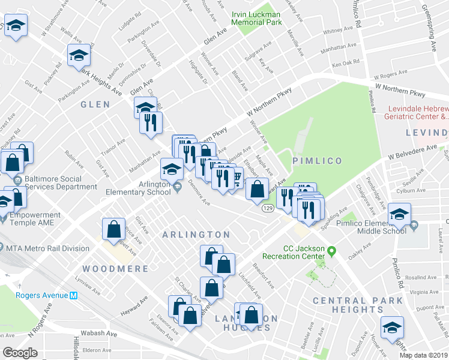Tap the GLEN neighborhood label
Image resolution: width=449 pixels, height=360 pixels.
tap(96, 104)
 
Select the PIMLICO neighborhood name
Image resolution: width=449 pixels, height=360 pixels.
tap(317, 161)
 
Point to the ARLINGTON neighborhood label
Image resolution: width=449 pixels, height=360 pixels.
tap(196, 235)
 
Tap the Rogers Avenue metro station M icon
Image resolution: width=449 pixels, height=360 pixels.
tap(74, 295)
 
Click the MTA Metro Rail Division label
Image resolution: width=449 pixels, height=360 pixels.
tap(47, 248)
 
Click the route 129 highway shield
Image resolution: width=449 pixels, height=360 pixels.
tap(268, 208)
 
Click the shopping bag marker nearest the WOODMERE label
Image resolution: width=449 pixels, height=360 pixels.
tap(114, 229)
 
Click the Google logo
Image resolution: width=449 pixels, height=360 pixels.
tap(20, 353)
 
